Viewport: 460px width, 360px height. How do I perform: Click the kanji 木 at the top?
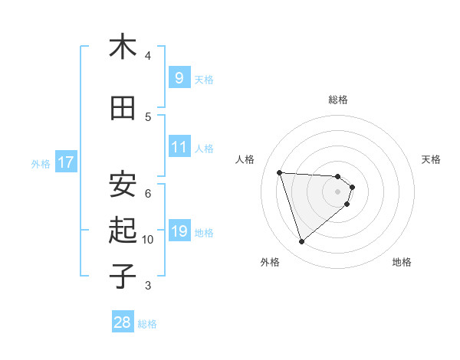[123, 47]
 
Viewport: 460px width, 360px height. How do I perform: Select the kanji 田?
[123, 109]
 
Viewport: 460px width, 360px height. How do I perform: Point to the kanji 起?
[123, 229]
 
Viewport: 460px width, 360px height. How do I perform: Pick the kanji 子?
[123, 275]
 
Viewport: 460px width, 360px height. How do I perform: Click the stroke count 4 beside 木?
[148, 56]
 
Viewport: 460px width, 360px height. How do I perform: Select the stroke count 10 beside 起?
[148, 240]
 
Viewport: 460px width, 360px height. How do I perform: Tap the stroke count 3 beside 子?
[148, 286]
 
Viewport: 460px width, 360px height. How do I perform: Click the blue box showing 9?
[179, 77]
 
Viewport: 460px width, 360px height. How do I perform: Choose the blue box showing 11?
[179, 147]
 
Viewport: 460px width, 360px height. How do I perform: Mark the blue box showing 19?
[179, 231]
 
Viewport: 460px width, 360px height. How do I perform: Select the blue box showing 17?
[65, 162]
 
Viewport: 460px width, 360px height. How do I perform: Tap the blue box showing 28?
[123, 322]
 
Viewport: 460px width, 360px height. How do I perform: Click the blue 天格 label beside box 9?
[204, 79]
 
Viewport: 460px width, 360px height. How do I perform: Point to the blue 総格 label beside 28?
[147, 324]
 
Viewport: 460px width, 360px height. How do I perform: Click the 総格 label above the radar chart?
[338, 100]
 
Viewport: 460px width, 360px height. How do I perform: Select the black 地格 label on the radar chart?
[402, 262]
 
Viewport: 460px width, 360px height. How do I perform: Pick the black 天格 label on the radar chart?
[431, 159]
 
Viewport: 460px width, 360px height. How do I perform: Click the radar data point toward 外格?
[301, 242]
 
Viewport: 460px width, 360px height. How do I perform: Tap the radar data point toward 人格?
[279, 172]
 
